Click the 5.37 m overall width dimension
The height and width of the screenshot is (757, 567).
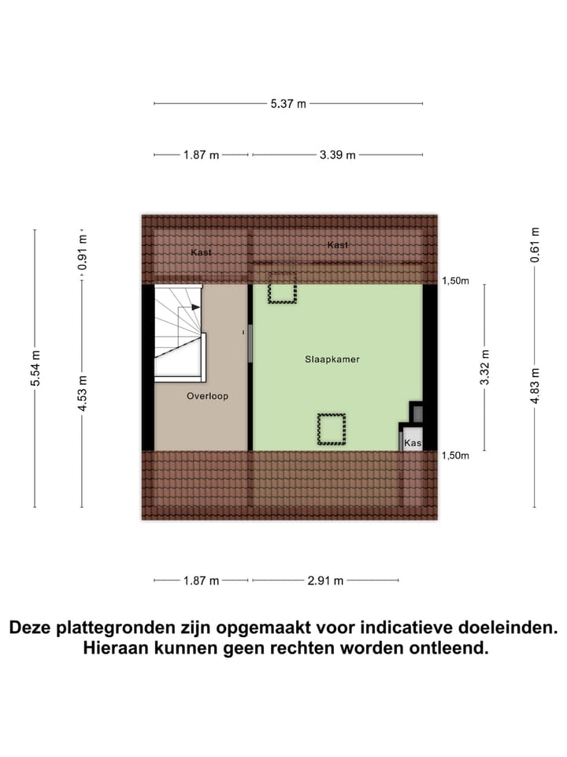click(289, 103)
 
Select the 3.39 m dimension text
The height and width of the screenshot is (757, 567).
click(337, 155)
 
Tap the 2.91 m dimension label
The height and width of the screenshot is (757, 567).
click(326, 581)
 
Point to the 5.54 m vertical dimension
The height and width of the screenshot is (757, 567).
click(35, 368)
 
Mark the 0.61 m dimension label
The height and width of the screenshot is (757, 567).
click(535, 244)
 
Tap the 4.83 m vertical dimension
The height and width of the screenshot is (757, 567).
click(535, 386)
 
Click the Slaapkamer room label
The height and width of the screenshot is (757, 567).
click(332, 359)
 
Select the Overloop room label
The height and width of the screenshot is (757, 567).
click(207, 396)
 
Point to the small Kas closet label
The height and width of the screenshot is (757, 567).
click(413, 444)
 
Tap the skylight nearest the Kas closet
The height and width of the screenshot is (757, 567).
click(332, 430)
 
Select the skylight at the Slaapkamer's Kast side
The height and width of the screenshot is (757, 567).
click(282, 289)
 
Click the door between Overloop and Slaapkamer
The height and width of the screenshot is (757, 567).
click(250, 343)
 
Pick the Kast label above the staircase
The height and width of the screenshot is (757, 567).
click(201, 252)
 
